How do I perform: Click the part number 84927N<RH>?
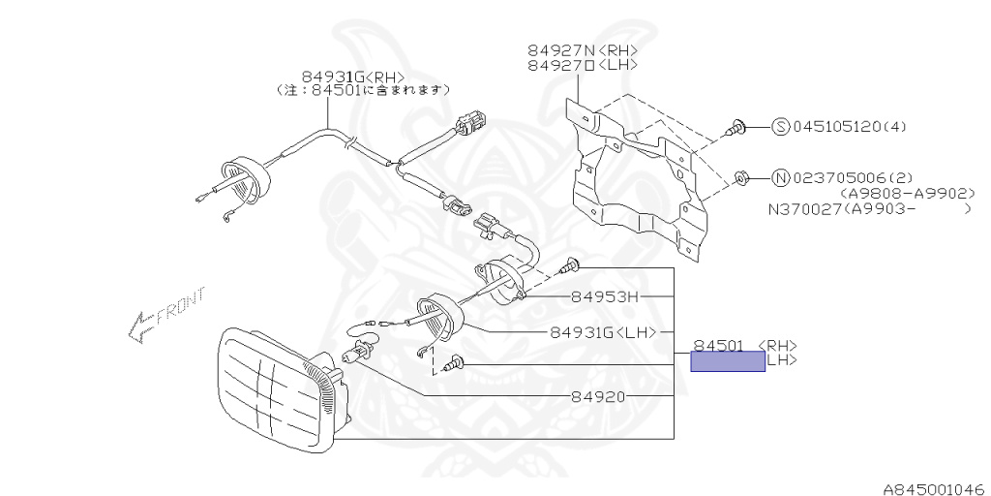(x=583, y=48)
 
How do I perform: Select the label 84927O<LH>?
(x=583, y=65)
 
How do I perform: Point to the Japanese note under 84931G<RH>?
(x=365, y=89)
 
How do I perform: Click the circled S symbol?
(x=781, y=126)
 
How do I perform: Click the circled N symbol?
(x=781, y=177)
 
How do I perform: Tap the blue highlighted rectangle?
(x=727, y=362)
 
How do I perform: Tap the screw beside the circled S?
(x=737, y=126)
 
